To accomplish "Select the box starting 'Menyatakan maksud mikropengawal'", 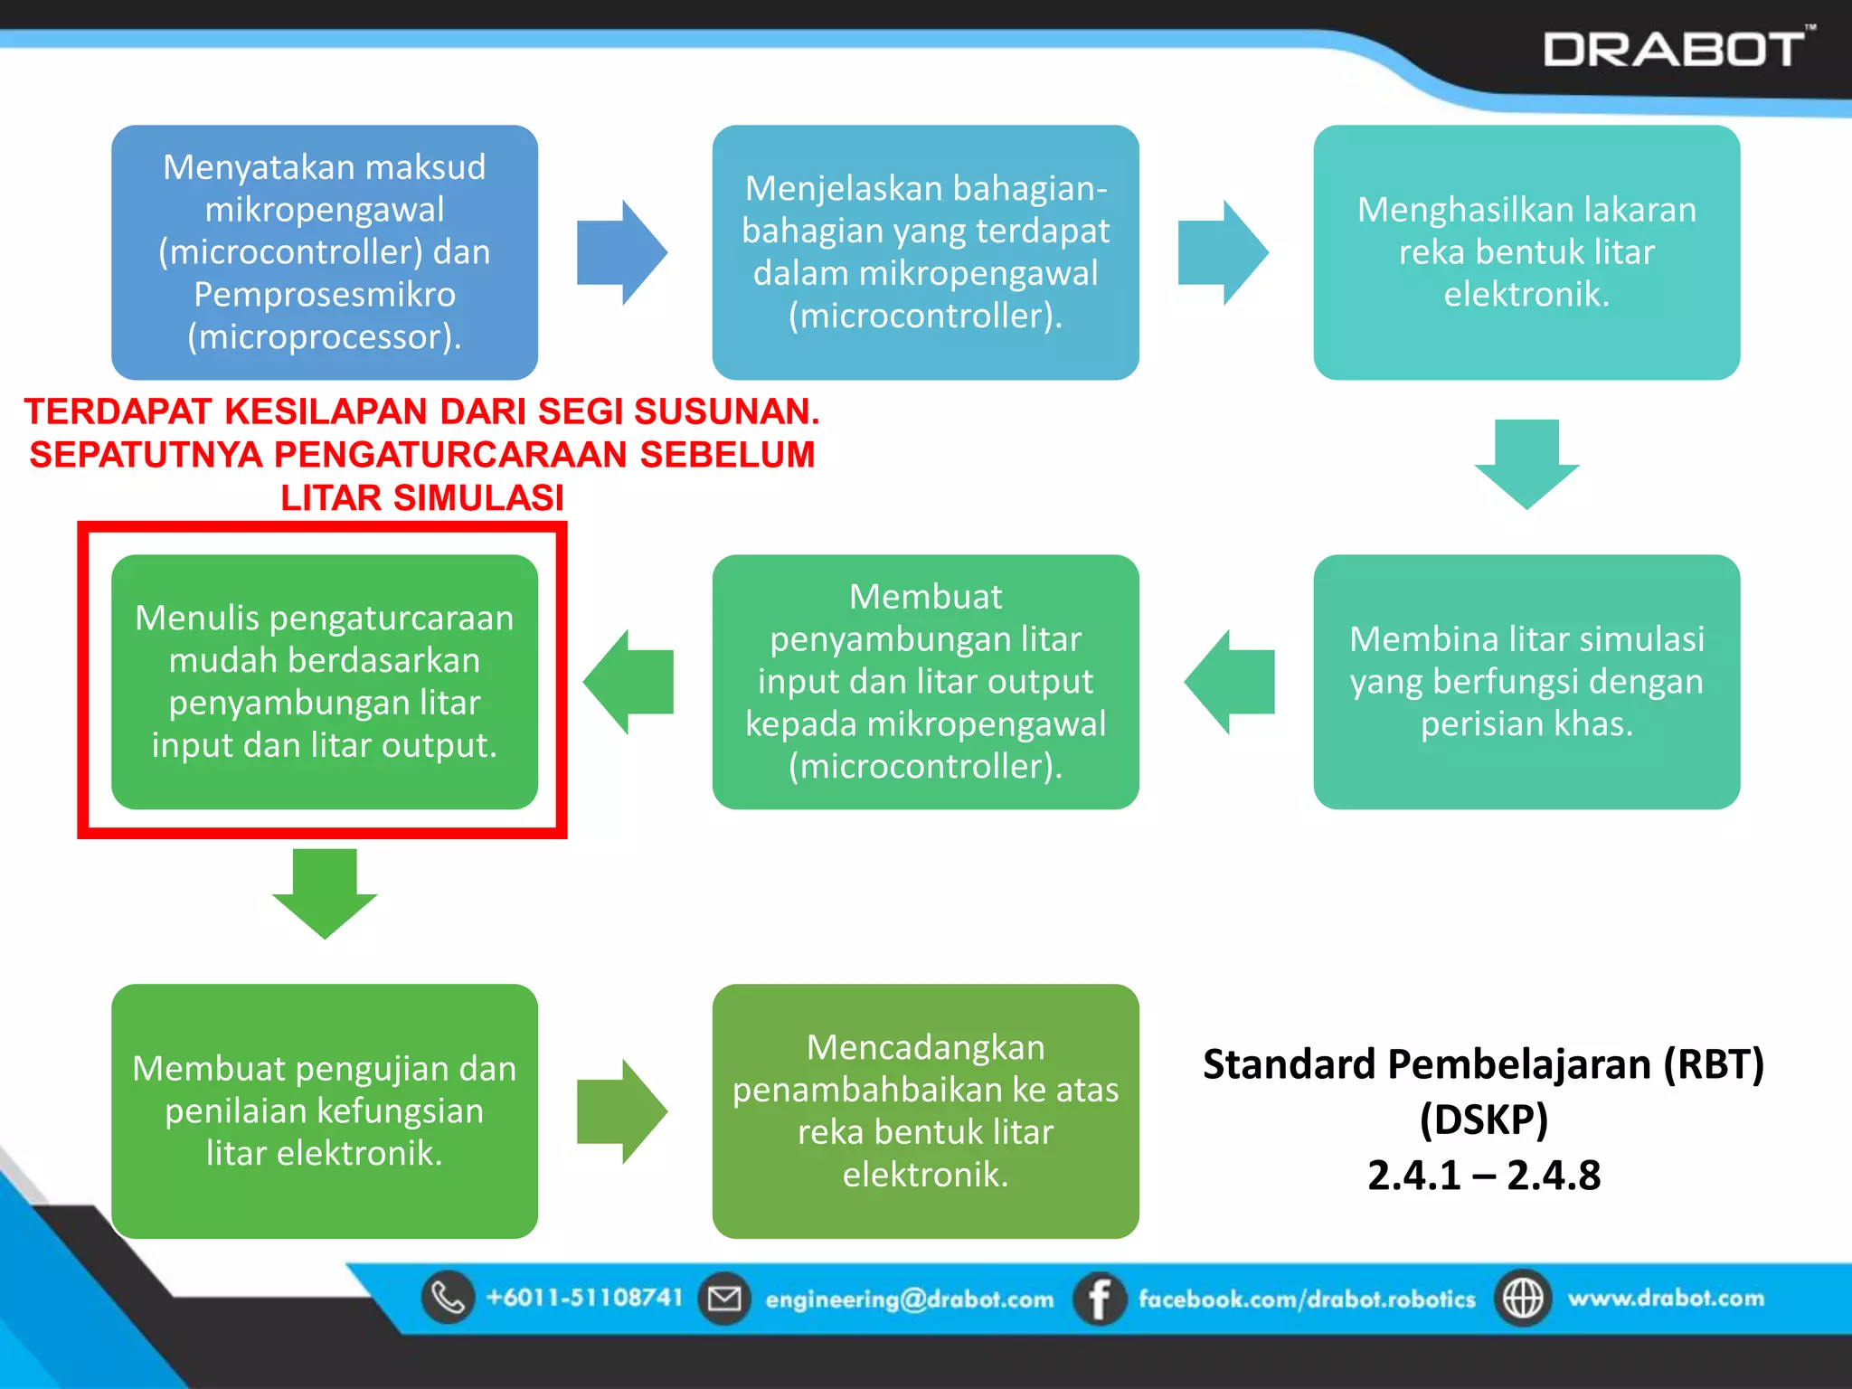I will pyautogui.click(x=325, y=251).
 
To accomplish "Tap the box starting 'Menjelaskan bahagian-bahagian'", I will pyautogui.click(x=925, y=251).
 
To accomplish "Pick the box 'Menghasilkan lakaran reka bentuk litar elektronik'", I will pyautogui.click(x=1526, y=251).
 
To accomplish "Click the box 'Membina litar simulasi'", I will pyautogui.click(x=1526, y=681).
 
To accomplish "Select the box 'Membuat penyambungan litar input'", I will pyautogui.click(x=925, y=681).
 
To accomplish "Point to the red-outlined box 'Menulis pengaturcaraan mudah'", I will pyautogui.click(x=325, y=681).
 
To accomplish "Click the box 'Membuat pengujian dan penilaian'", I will pyautogui.click(x=325, y=1110).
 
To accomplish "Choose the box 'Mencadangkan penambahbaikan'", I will pyautogui.click(x=925, y=1110).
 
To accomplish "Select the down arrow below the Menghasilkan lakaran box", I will pyautogui.click(x=1526, y=464).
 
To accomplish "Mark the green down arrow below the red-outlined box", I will pyautogui.click(x=325, y=893).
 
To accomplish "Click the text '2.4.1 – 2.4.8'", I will pyautogui.click(x=1484, y=1175).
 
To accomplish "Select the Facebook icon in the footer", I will pyautogui.click(x=1099, y=1299).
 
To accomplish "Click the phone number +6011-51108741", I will pyautogui.click(x=584, y=1298).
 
